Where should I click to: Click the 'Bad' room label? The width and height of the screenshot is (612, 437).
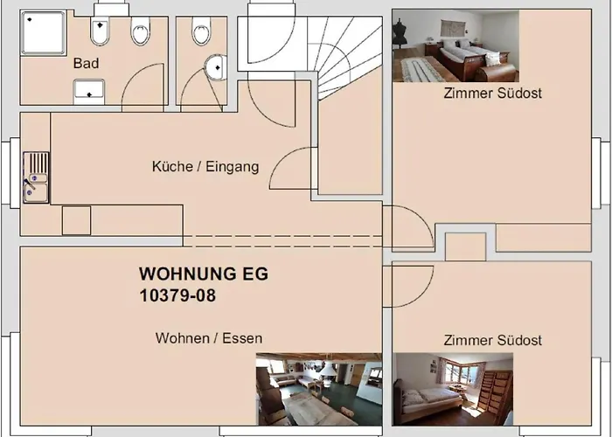[86, 63]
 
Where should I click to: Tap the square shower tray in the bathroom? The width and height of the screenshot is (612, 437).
[44, 33]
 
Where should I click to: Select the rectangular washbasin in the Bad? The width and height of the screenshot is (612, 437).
[89, 91]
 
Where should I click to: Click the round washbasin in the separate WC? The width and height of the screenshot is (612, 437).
[216, 67]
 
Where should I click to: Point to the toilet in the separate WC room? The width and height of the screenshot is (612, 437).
[201, 31]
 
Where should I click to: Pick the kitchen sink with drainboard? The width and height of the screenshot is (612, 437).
[36, 177]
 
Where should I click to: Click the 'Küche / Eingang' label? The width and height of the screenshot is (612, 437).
[205, 167]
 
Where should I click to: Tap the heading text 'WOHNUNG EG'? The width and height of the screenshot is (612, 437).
[204, 274]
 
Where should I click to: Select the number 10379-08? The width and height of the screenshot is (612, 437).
[177, 295]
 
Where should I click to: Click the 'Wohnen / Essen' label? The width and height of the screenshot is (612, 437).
[209, 338]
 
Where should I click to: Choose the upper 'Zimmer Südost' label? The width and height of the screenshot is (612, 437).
[492, 94]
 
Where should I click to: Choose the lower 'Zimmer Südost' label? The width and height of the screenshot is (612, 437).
[492, 340]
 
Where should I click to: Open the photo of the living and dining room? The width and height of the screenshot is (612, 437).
[319, 389]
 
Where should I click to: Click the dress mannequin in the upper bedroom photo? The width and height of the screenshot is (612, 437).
[400, 34]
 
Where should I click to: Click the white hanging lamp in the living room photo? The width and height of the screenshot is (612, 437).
[328, 368]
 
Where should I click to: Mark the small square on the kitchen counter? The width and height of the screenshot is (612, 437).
[77, 221]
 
